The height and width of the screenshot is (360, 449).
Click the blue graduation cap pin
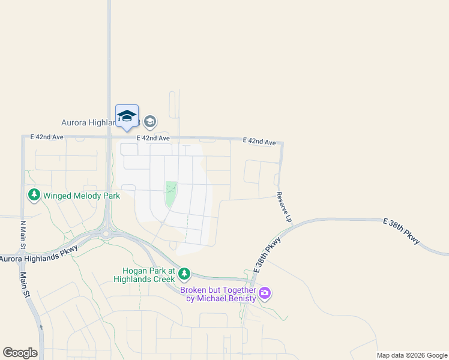coord(127,116)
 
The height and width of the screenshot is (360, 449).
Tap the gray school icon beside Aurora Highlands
coord(150,122)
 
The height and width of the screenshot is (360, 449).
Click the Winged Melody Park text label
coord(74,196)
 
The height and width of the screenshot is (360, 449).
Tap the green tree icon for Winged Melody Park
coord(34,195)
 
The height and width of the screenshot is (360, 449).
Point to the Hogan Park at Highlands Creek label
coord(145,275)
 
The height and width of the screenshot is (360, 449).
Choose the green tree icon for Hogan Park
coord(184,275)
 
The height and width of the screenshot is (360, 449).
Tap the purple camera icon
coord(265,294)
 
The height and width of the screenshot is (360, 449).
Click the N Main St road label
coord(23,235)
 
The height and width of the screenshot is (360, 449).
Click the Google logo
coord(20,353)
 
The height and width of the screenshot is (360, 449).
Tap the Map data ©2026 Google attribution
coord(412,355)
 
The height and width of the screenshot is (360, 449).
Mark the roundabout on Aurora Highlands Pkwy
coord(107,232)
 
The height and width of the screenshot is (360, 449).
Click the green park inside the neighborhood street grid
coord(171,194)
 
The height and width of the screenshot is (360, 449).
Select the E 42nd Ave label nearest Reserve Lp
coord(259,142)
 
